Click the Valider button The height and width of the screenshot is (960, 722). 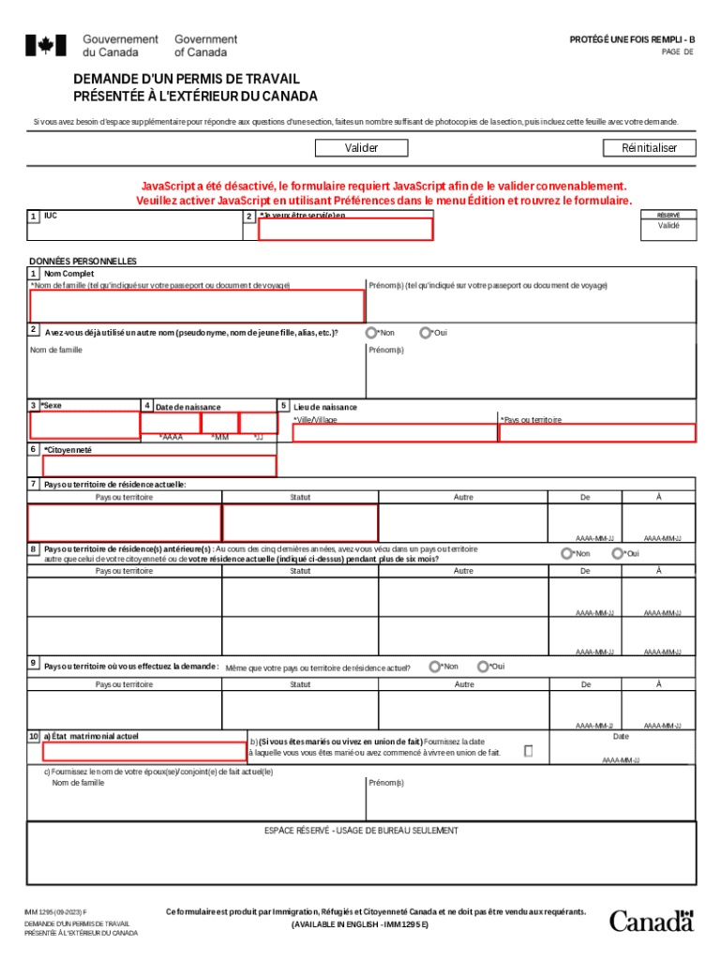(361, 148)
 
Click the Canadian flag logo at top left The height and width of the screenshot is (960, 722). (45, 45)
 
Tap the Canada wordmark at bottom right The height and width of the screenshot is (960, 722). (652, 921)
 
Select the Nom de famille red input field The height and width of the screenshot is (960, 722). (197, 306)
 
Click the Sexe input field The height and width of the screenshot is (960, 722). (84, 425)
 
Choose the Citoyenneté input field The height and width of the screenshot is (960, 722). (159, 466)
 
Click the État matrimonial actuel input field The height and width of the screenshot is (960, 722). (144, 751)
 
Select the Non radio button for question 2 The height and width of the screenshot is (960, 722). (371, 333)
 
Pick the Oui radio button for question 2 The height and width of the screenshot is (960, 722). (426, 333)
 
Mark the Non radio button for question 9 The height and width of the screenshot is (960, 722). (434, 667)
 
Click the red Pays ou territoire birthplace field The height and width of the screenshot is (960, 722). (597, 432)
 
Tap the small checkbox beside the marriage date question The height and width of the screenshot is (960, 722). (529, 751)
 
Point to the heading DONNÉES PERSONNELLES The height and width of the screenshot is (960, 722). (83, 262)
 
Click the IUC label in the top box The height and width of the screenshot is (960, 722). (51, 216)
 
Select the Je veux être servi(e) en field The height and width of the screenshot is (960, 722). (345, 229)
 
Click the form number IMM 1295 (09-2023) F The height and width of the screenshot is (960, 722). (56, 912)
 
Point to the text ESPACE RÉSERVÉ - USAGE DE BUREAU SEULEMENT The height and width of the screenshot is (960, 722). (362, 831)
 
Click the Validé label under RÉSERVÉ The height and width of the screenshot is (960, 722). (669, 226)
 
